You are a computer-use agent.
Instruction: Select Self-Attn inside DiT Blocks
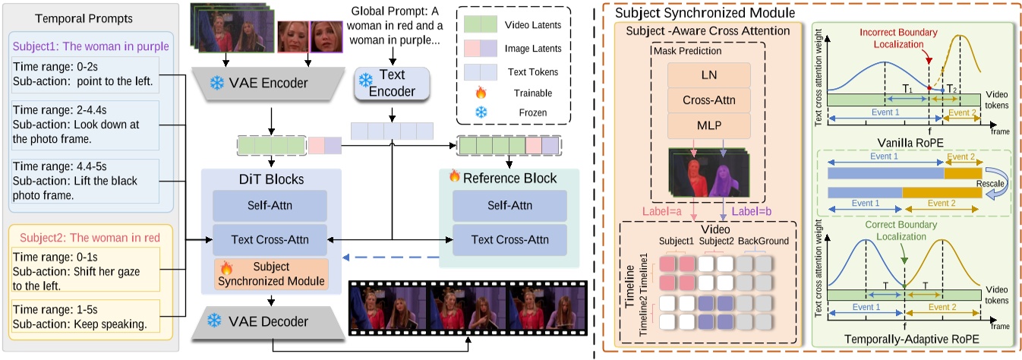pos(270,206)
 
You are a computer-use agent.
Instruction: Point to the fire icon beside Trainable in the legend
pos(479,93)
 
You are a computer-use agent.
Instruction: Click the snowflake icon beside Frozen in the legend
pos(479,112)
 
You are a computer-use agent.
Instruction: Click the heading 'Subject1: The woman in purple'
pos(91,46)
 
